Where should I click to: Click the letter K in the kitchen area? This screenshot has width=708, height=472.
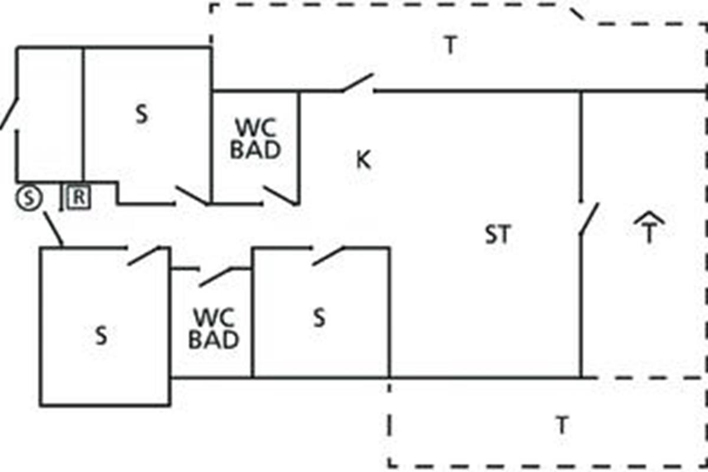[363, 160]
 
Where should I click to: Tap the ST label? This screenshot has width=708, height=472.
[497, 235]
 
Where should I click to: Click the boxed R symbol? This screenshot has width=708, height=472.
[78, 198]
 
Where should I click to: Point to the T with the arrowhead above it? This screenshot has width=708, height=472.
[649, 230]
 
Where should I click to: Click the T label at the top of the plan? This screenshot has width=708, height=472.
[450, 45]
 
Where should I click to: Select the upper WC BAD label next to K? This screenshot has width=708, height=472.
[255, 139]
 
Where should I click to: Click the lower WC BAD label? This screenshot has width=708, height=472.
[214, 329]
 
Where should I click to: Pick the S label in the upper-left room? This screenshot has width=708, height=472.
[142, 114]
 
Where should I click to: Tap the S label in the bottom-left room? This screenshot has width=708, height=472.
[101, 336]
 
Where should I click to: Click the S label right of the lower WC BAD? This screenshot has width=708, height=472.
[319, 318]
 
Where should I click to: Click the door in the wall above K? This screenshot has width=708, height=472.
[358, 84]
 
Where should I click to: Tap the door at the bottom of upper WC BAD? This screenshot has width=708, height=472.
[281, 196]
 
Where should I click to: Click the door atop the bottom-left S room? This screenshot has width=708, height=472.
[145, 256]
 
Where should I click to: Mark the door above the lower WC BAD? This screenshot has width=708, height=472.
[215, 277]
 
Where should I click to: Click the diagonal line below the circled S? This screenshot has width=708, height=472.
[53, 229]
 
